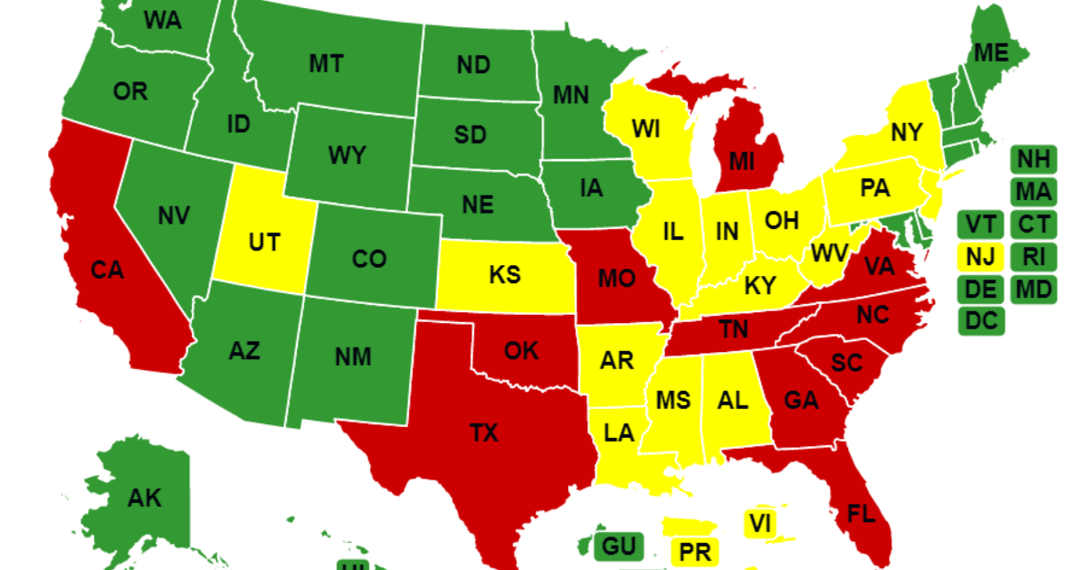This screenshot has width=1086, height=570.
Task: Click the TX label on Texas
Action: pyautogui.click(x=484, y=433)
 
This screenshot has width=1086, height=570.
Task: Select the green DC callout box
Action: pyautogui.click(x=982, y=320)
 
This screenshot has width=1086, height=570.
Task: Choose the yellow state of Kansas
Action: pyautogui.click(x=504, y=274)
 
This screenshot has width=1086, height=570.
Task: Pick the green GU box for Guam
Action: pyautogui.click(x=618, y=546)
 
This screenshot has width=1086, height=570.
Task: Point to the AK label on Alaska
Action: pyautogui.click(x=144, y=498)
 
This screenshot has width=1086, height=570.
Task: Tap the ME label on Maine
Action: pyautogui.click(x=991, y=53)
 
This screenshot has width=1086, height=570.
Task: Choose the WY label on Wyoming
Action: pyautogui.click(x=347, y=156)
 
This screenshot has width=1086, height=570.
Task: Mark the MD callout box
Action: pyautogui.click(x=1033, y=289)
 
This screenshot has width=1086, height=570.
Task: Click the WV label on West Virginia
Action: pyautogui.click(x=828, y=252)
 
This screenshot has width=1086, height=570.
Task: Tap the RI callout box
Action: pyautogui.click(x=1033, y=256)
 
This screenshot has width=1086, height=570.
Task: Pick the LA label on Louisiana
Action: pyautogui.click(x=619, y=432)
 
